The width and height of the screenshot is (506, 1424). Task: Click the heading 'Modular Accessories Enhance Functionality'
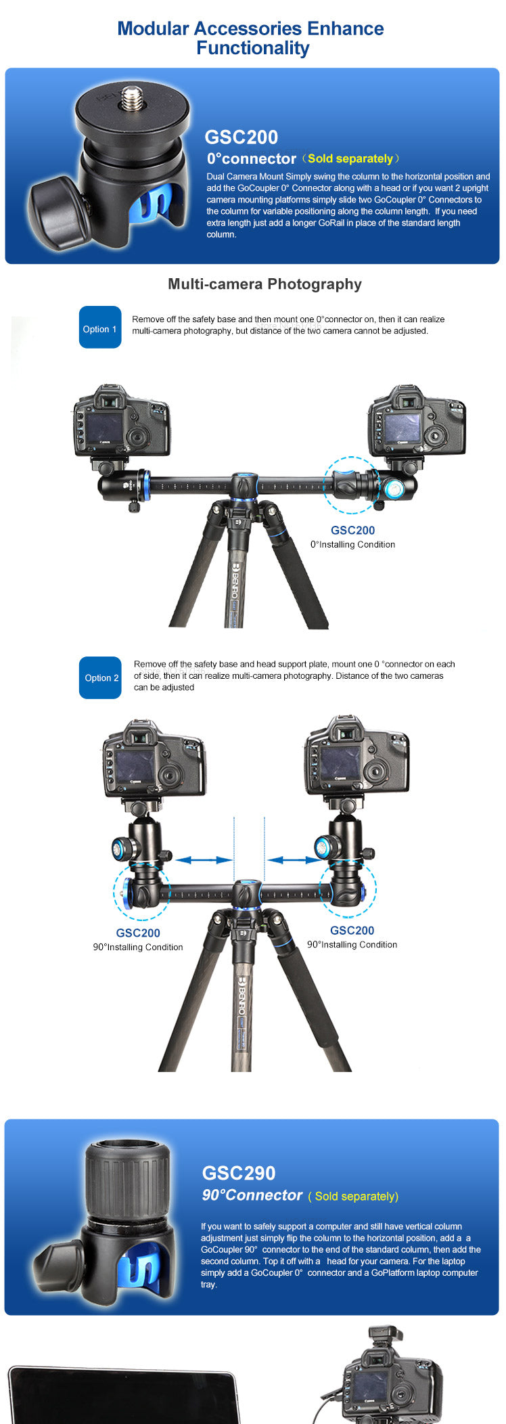click(251, 38)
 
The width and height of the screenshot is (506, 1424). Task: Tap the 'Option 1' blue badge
click(100, 328)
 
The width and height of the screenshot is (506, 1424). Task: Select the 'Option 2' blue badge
click(100, 677)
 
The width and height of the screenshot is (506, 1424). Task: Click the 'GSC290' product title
click(239, 1173)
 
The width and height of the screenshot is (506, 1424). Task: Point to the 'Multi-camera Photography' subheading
click(264, 284)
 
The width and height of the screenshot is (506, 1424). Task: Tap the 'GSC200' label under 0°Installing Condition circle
click(352, 531)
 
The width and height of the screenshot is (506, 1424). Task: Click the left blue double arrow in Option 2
click(204, 860)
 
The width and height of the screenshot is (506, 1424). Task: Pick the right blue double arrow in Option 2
click(294, 860)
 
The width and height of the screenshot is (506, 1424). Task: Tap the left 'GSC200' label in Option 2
click(138, 933)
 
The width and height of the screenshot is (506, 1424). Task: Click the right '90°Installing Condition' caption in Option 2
click(352, 945)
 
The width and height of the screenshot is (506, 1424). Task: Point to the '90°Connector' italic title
click(252, 1195)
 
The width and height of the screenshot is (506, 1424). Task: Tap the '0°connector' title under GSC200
click(252, 158)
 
